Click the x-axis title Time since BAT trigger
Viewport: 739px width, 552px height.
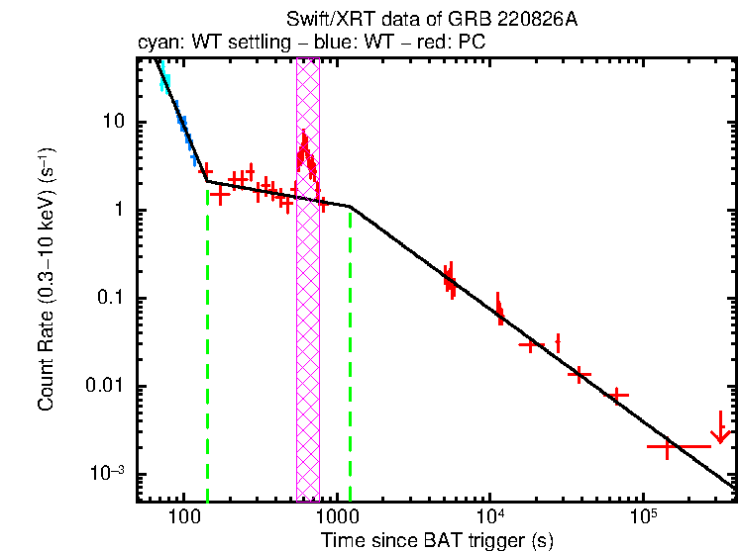click(436, 540)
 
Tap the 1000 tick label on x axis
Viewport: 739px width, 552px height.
click(337, 518)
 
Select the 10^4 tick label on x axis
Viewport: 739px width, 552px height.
click(489, 516)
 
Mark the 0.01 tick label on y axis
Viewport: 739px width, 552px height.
click(102, 386)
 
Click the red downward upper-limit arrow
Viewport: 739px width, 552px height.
click(721, 430)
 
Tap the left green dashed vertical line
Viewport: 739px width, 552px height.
click(207, 346)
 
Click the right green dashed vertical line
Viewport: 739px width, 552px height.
click(351, 356)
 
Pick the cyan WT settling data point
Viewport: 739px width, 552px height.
click(165, 82)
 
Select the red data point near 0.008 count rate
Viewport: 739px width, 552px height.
click(619, 395)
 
